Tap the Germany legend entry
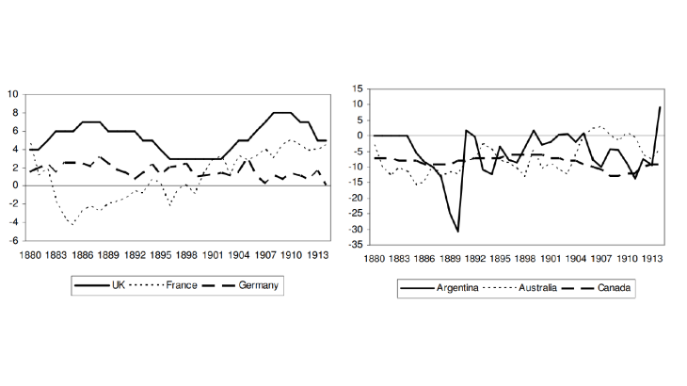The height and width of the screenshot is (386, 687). (261, 285)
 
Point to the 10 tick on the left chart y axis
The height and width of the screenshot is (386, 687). (13, 94)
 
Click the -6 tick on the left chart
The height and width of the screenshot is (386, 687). (14, 240)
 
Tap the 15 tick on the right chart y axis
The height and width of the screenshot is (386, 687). (358, 88)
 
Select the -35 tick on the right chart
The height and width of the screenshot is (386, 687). (356, 245)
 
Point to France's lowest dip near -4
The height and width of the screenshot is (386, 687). (72, 223)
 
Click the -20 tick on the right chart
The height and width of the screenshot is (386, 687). (356, 198)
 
